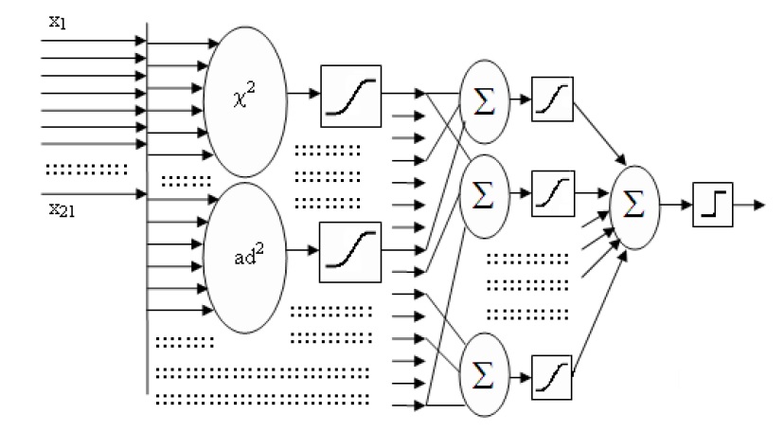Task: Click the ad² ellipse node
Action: tap(244, 257)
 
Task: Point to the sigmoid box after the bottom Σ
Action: tap(553, 369)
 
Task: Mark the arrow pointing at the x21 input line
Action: tap(95, 194)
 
